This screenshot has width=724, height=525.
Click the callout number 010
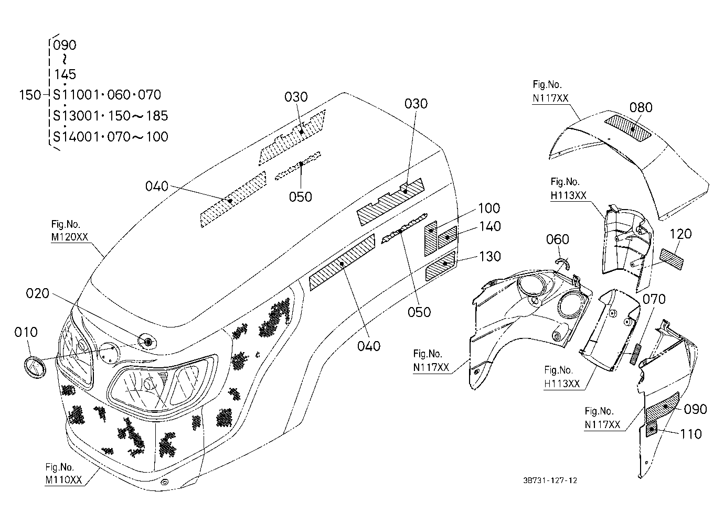(x=26, y=332)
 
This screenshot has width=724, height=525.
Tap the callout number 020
(x=37, y=293)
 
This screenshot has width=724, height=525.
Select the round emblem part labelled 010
(x=35, y=367)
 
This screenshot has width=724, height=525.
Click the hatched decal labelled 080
(x=628, y=128)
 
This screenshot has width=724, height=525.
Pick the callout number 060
(x=558, y=239)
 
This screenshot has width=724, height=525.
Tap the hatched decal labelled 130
(x=440, y=266)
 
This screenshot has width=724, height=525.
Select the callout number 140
(x=489, y=226)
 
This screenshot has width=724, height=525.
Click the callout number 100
(x=489, y=208)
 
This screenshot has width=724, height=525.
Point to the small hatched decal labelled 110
(x=651, y=430)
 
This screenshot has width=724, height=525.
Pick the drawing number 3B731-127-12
(x=550, y=480)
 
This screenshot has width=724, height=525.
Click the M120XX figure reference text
(x=69, y=237)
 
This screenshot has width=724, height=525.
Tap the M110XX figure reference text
(x=63, y=480)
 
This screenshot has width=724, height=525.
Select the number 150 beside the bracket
(x=30, y=95)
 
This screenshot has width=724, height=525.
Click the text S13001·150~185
(x=111, y=116)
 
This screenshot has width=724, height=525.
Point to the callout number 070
(x=654, y=299)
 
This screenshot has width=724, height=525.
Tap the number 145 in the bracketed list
(x=65, y=74)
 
